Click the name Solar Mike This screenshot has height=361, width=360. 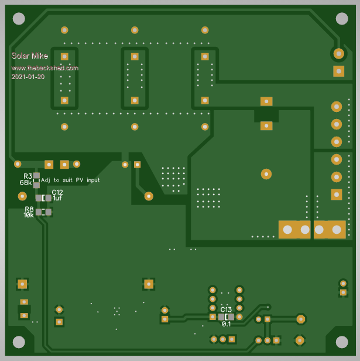tap(30, 56)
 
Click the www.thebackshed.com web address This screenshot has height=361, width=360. tap(45, 68)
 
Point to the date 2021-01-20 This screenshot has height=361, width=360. tap(28, 77)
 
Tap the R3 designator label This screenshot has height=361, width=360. tap(28, 176)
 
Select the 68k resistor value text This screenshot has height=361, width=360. tap(26, 183)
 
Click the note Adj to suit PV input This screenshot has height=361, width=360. tap(70, 180)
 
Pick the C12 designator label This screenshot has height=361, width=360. tap(57, 192)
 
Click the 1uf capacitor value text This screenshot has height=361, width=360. tap(57, 199)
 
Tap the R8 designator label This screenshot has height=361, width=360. tap(29, 209)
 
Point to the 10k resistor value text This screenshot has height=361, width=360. tap(28, 215)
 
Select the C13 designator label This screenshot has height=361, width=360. tap(226, 309)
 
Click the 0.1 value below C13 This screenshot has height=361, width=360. tap(226, 324)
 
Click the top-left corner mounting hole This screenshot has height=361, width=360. tap(19, 18)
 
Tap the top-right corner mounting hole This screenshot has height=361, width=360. tap(342, 18)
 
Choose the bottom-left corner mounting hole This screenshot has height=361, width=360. tap(19, 342)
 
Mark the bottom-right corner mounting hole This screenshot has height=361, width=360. tap(342, 342)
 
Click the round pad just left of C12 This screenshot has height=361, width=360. tap(22, 196)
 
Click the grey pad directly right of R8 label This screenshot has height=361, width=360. tap(39, 212)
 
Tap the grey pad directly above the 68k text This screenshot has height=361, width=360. tap(36, 175)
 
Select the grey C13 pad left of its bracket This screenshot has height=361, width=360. tap(221, 317)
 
